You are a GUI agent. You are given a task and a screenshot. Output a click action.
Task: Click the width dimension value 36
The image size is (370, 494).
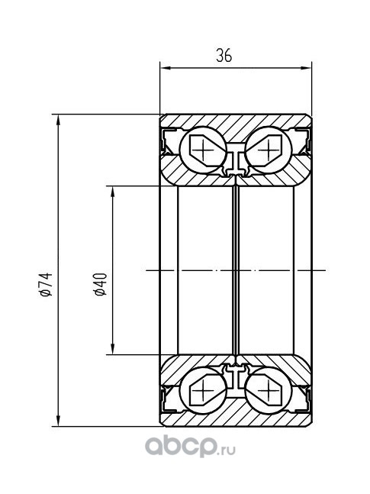click(224, 56)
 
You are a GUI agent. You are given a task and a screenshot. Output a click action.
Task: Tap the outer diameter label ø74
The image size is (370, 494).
click(46, 285)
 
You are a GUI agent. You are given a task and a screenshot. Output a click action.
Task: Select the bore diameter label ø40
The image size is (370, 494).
click(101, 285)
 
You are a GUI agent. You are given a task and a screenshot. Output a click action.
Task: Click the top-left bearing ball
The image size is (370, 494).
click(203, 150)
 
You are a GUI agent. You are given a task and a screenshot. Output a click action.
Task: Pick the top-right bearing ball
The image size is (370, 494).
click(269, 150)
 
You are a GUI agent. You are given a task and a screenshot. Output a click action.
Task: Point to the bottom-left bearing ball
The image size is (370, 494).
click(203, 390)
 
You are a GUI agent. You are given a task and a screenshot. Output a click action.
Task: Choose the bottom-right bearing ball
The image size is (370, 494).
click(269, 390)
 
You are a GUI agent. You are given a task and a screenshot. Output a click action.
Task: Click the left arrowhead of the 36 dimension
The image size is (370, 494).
click(165, 68)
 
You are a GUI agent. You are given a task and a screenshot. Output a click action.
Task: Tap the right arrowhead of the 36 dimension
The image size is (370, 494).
click(307, 68)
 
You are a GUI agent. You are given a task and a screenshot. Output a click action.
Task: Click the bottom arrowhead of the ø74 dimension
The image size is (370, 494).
click(58, 421)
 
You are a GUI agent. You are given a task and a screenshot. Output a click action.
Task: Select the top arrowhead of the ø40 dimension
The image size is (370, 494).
click(112, 191)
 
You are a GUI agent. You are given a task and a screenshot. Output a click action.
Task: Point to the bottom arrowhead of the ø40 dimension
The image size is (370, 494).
click(112, 349)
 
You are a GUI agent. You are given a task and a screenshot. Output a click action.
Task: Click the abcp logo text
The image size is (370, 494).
click(181, 447)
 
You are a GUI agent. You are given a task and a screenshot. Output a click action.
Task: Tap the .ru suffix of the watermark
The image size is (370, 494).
click(227, 450)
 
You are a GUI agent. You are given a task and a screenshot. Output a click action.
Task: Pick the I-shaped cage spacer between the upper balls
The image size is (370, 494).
click(236, 160)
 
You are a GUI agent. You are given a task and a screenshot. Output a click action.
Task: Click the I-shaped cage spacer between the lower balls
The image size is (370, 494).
click(236, 380)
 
